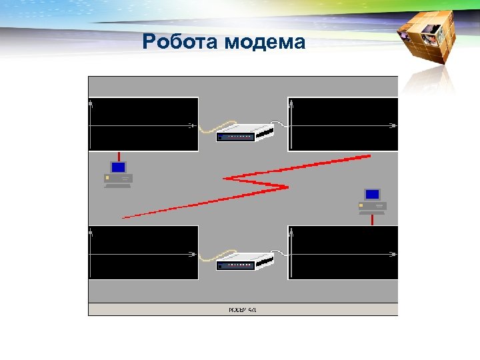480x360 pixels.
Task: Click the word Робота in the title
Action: tap(181, 43)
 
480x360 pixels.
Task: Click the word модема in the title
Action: tap(265, 43)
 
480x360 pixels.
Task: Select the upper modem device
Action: tap(245, 132)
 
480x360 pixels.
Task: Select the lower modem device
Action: tap(245, 261)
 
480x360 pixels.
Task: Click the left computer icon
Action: tap(119, 175)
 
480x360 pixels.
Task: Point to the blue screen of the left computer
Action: tap(119, 167)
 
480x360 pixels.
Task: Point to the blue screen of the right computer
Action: tap(372, 194)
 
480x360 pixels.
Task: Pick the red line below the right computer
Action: tap(373, 219)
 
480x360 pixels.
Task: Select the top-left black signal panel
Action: tap(143, 124)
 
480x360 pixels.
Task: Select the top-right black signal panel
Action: tap(343, 124)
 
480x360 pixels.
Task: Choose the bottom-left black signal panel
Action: tap(143, 253)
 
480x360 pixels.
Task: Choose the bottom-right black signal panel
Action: tap(343, 253)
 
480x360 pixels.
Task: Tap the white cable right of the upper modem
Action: tap(281, 125)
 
